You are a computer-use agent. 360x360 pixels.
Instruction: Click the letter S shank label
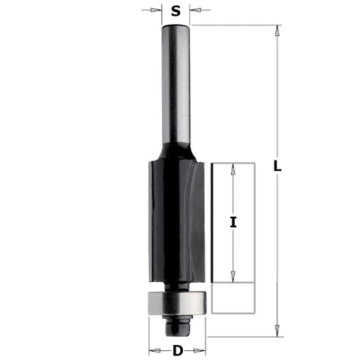tap(175, 10)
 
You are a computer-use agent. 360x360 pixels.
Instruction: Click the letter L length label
tap(277, 169)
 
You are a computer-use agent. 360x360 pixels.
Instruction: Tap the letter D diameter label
tap(178, 349)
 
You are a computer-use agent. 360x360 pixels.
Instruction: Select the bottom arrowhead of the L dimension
tap(277, 328)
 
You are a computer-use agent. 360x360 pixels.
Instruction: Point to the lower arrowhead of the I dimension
tap(233, 276)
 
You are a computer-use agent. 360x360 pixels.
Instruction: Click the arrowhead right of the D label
tap(200, 349)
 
